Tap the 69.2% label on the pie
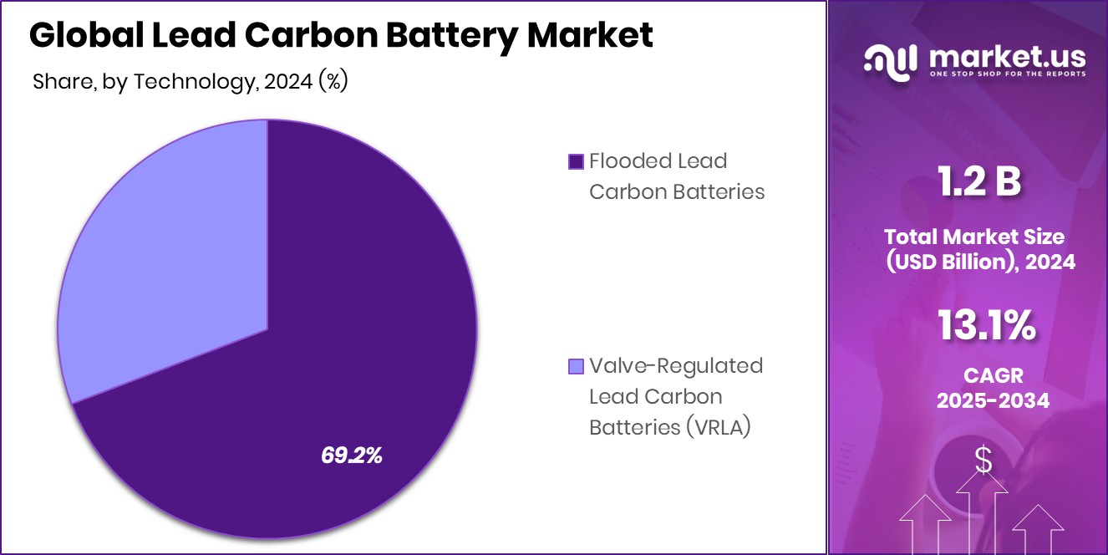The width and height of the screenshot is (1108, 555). [x=352, y=456]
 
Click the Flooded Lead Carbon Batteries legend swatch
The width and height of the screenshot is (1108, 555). [x=575, y=161]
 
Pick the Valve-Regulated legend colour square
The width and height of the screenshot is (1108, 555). [x=575, y=366]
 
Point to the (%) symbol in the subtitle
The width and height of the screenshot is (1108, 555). [x=333, y=81]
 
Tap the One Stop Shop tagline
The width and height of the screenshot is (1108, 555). [x=1007, y=74]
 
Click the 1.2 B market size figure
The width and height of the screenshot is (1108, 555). [x=978, y=181]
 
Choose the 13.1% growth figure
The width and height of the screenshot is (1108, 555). [x=986, y=325]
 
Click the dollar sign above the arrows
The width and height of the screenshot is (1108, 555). [x=983, y=461]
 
